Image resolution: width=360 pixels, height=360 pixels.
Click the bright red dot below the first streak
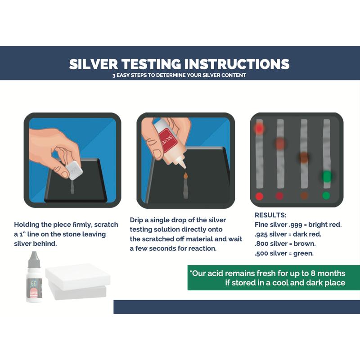pos(259,196)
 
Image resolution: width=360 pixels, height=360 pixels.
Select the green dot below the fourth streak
pos(326,196)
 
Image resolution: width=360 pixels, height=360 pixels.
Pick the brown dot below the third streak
pos(304,196)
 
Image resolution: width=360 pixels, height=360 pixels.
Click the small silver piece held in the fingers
pos(74,171)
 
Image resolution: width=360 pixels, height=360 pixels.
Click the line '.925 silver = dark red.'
pos(288,234)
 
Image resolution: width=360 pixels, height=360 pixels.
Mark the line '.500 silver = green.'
pos(284,253)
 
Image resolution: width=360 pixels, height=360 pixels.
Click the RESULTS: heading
pos(270,215)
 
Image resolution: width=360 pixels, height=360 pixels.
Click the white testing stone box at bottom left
pos(77,281)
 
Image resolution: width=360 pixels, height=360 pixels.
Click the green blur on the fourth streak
pos(327,176)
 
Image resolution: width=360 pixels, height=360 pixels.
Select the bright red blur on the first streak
pos(259,129)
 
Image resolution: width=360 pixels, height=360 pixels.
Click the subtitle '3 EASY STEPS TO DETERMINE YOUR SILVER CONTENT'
pos(179,75)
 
